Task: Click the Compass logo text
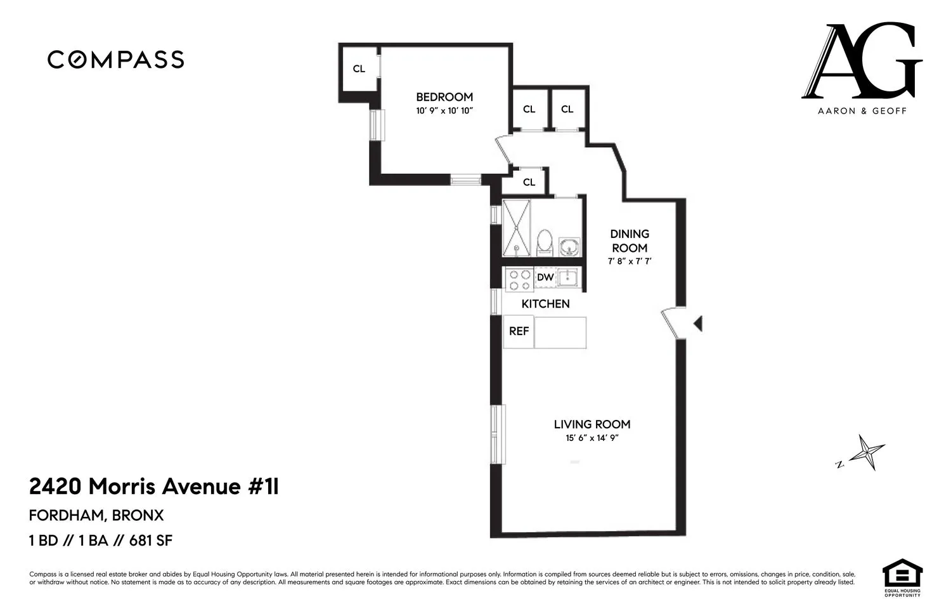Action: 116,60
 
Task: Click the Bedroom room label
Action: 444,97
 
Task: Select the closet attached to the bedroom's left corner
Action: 359,69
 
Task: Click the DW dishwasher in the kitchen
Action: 545,277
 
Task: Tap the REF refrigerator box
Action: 519,331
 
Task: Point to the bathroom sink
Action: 569,246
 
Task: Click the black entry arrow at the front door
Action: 698,324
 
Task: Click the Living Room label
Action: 592,424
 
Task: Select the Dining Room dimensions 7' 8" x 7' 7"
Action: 629,261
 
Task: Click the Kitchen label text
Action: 545,304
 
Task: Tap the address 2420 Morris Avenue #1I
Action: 154,487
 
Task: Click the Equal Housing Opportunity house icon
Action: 902,574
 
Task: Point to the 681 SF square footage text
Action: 151,541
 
